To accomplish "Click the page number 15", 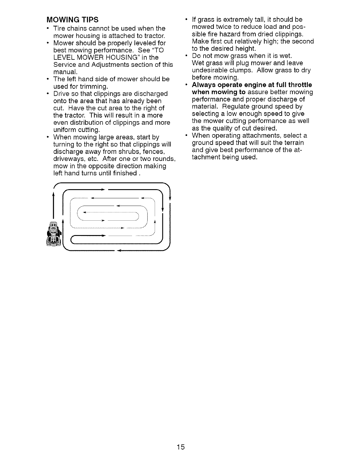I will [181, 447].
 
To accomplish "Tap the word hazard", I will [219, 34].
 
